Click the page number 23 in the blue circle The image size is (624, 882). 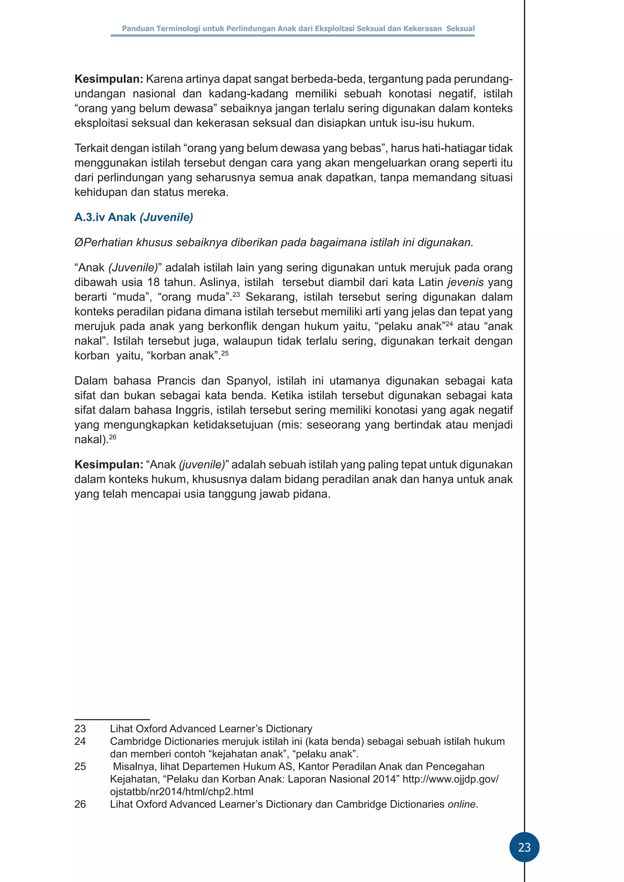point(524,847)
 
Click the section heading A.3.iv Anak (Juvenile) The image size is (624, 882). point(134,217)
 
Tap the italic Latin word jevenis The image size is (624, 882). point(466,282)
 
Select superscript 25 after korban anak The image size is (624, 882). point(225,353)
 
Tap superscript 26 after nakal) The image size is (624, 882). point(112,437)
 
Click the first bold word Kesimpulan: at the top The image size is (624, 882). point(109,79)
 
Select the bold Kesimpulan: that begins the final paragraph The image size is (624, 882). point(109,464)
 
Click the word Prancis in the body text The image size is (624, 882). point(176,381)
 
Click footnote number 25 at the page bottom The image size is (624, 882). point(80,766)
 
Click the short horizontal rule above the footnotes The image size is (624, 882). point(112,719)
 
